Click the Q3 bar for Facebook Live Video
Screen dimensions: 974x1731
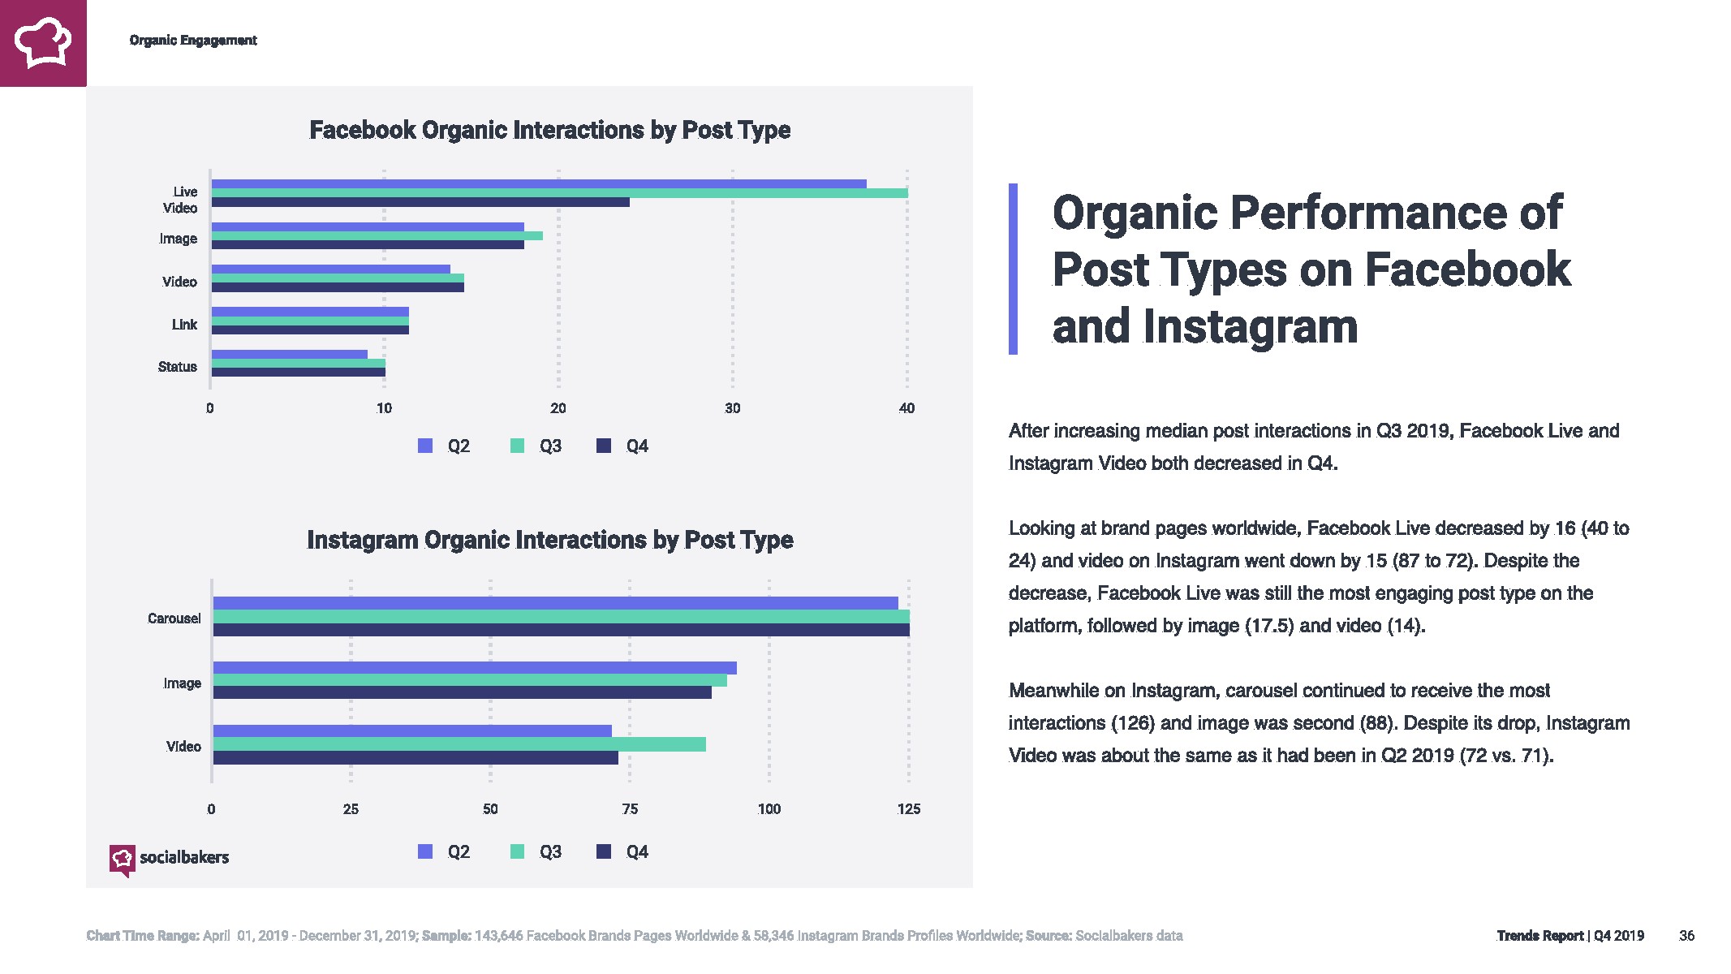click(x=559, y=193)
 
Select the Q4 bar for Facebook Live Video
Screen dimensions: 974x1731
click(x=420, y=202)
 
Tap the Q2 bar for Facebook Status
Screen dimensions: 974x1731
click(x=290, y=354)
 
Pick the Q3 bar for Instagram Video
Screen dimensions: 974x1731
click(x=459, y=744)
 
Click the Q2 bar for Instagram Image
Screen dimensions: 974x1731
click(x=475, y=668)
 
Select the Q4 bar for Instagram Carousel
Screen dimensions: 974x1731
click(x=561, y=630)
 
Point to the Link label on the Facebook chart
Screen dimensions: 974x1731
click(x=184, y=325)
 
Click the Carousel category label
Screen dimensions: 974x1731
click(x=174, y=618)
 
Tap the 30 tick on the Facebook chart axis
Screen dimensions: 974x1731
click(x=732, y=408)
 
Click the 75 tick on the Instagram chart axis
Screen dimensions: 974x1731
click(x=630, y=809)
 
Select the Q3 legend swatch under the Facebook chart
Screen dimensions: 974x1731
click(x=517, y=446)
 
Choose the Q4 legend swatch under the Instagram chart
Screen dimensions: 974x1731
click(x=604, y=851)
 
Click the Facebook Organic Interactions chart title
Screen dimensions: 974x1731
click(x=549, y=130)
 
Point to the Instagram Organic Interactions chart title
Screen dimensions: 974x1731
click(x=549, y=540)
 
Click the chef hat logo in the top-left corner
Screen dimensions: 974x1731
click(x=43, y=43)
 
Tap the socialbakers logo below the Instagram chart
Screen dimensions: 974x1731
click(x=169, y=859)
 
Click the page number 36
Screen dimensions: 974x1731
click(x=1686, y=936)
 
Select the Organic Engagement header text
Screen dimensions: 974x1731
click(x=193, y=41)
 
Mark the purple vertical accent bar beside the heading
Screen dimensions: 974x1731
click(x=1013, y=269)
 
